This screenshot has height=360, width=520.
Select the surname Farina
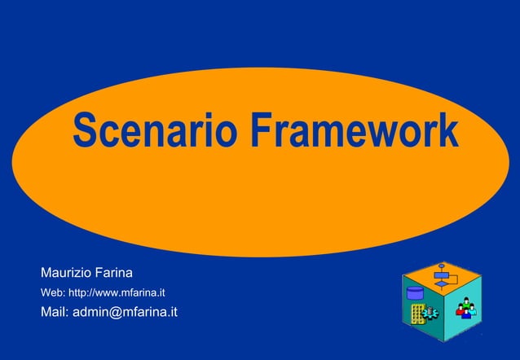(x=115, y=271)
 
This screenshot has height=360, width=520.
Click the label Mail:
(x=55, y=312)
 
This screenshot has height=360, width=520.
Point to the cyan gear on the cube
(x=430, y=314)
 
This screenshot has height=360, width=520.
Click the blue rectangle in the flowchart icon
(x=441, y=275)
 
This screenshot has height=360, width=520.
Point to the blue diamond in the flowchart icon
(x=441, y=284)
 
